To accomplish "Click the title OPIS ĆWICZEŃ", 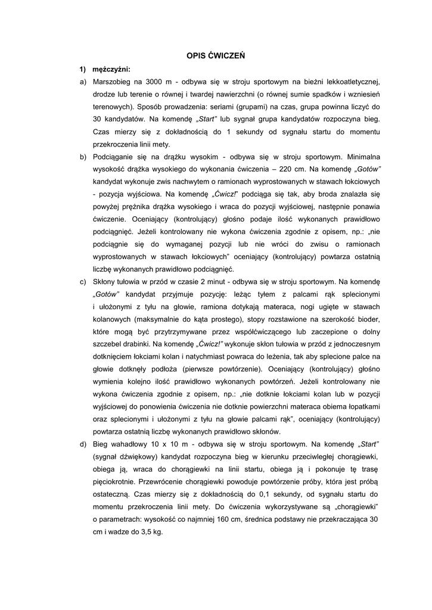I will pos(216,55).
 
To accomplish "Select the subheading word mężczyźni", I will pos(111,69).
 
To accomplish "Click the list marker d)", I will pos(83,444).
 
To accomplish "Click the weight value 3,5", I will pos(143,532).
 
